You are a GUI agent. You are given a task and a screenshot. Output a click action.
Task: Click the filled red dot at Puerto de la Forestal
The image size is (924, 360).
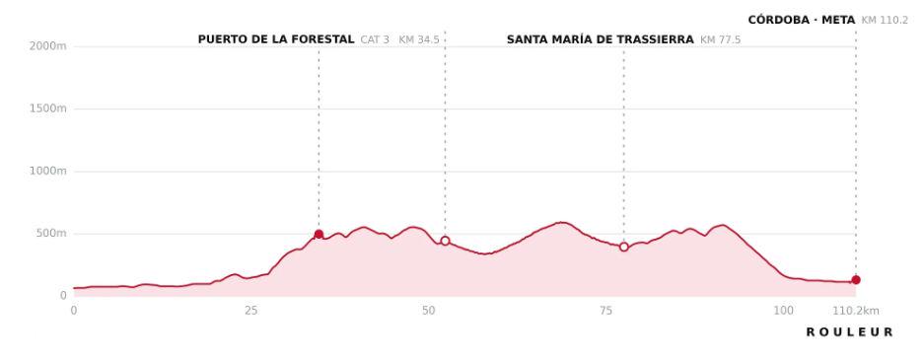pyautogui.click(x=319, y=234)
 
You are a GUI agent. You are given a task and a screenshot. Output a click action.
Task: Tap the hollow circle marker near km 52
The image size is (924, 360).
pyautogui.click(x=445, y=241)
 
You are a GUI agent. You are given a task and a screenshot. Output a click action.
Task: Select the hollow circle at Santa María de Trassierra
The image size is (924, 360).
pyautogui.click(x=623, y=247)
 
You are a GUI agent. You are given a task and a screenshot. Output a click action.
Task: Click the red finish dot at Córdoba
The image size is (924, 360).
pyautogui.click(x=856, y=280)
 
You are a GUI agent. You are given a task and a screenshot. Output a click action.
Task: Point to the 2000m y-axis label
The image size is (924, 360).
pyautogui.click(x=47, y=46)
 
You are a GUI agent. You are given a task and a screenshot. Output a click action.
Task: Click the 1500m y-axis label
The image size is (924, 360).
pyautogui.click(x=47, y=108)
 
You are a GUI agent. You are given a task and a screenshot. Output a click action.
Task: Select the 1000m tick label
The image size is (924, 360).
pyautogui.click(x=47, y=171)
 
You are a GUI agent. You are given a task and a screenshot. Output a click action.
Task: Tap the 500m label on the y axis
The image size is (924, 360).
pyautogui.click(x=50, y=234)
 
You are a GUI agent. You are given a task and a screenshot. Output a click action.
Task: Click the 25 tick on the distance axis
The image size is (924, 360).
pyautogui.click(x=251, y=311)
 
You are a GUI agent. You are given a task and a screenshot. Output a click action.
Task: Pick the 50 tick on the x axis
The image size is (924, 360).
pyautogui.click(x=428, y=311)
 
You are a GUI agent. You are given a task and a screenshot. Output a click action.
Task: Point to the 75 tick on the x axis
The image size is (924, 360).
pyautogui.click(x=605, y=311)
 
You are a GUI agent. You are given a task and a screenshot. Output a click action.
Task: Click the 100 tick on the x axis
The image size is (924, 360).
pyautogui.click(x=783, y=311)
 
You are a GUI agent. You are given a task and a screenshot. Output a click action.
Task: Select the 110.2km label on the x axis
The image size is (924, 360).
pyautogui.click(x=856, y=311)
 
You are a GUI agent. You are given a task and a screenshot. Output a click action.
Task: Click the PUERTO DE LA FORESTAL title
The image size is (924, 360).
pyautogui.click(x=276, y=39)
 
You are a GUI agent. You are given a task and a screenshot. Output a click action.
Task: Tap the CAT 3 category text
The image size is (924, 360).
pyautogui.click(x=375, y=40)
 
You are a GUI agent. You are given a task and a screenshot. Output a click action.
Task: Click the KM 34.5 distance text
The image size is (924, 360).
pyautogui.click(x=419, y=40)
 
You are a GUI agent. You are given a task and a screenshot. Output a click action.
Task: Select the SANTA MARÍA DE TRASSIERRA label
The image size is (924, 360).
pyautogui.click(x=600, y=39)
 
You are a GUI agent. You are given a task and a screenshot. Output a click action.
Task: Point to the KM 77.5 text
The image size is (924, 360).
pyautogui.click(x=720, y=40)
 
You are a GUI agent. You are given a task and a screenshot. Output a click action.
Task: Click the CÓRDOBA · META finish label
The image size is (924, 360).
pyautogui.click(x=802, y=20)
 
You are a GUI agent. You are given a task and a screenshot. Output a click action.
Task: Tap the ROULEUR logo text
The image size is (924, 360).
pyautogui.click(x=849, y=332)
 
